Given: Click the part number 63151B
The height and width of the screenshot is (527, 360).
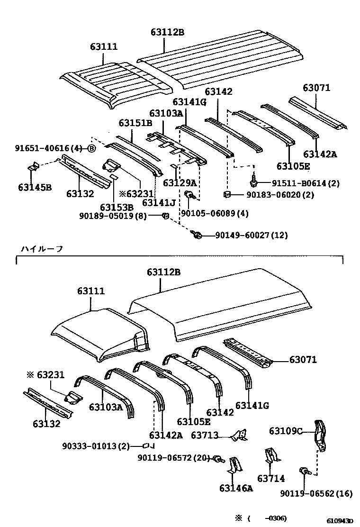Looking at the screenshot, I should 135,123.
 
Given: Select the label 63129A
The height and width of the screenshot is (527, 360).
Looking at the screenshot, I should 180,183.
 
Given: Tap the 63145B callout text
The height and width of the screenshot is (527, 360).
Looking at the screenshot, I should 35,187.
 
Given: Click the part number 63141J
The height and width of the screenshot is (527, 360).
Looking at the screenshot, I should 159,203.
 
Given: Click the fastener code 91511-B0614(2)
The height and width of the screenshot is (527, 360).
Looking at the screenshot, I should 306,183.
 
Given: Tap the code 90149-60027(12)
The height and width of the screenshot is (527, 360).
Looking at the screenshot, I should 251,235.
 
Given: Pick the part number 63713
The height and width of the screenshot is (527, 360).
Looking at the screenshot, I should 205,434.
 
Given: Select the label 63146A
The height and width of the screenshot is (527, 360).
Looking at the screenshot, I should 236,488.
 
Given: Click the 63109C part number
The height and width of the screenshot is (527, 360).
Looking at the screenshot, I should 286,431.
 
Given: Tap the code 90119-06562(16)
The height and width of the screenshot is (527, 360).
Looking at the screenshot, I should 316,493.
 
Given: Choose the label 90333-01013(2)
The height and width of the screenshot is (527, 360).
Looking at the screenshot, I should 96,445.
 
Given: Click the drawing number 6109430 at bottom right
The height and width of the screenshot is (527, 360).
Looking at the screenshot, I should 339,521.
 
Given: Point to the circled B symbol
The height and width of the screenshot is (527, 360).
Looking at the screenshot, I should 91,149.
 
